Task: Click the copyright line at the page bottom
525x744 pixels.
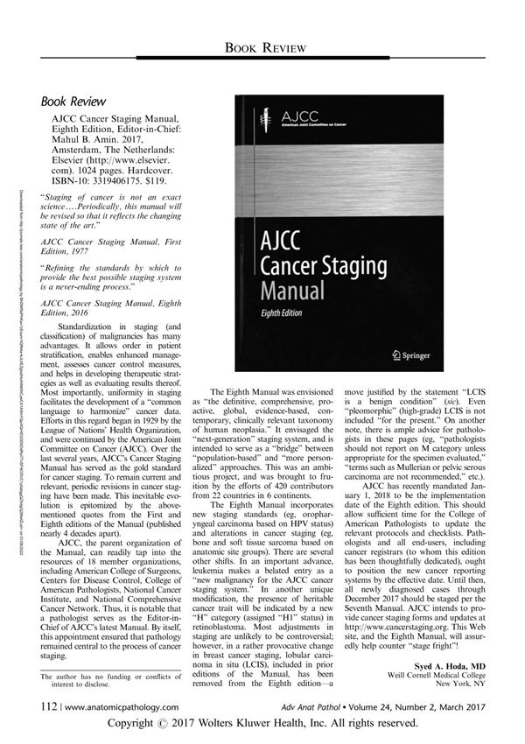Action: point(262,725)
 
